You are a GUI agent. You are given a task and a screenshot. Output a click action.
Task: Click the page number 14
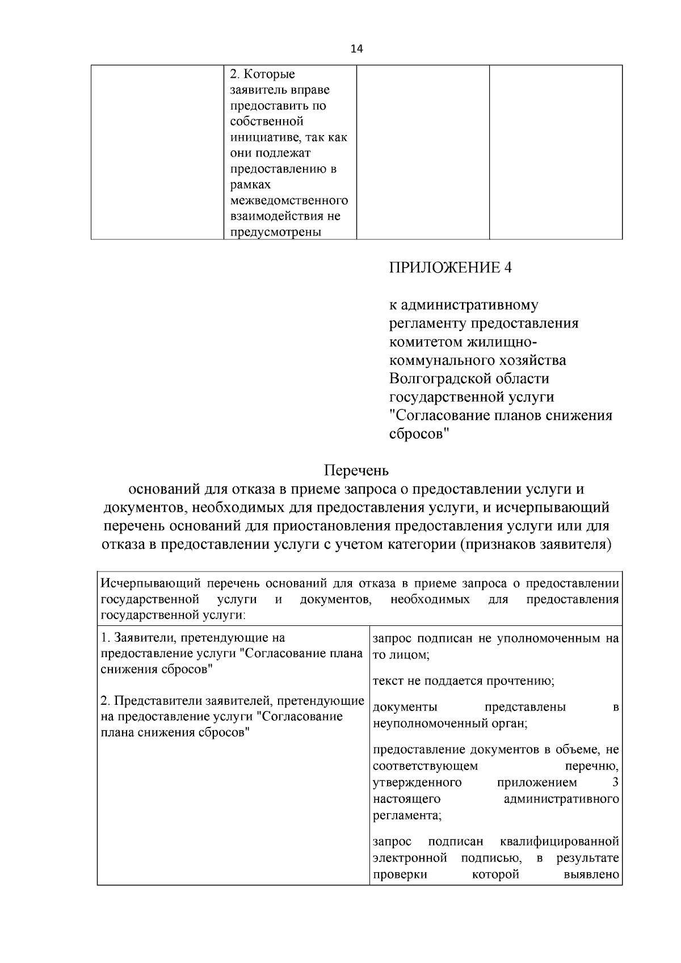(356, 49)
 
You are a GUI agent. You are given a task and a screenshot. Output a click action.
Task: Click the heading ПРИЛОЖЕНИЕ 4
(450, 268)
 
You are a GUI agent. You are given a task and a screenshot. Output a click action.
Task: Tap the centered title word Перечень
(356, 470)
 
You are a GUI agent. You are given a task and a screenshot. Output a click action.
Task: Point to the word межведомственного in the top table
(289, 200)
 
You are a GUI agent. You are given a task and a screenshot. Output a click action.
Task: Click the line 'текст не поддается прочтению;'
(464, 681)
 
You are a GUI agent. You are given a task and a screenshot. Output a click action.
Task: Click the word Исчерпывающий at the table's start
(150, 583)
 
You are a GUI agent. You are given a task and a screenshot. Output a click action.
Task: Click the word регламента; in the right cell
(407, 815)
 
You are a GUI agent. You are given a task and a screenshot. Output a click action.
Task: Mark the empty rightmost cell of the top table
(556, 152)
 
